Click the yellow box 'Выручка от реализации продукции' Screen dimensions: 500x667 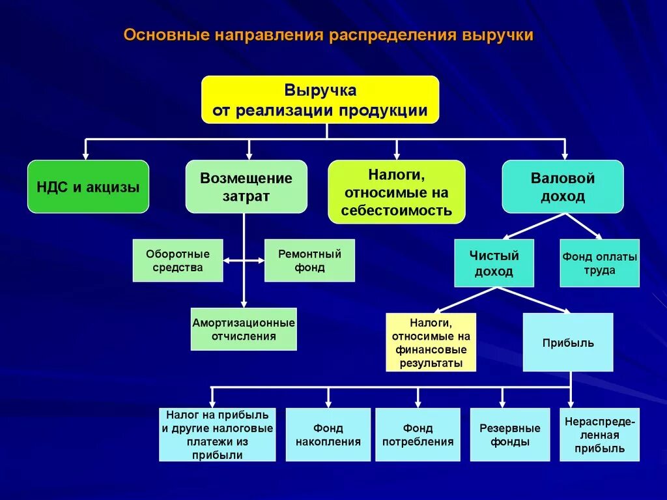320,99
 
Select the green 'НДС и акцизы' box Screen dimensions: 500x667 88,187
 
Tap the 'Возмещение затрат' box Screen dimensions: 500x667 246,187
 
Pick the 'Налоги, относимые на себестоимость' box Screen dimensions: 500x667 396,192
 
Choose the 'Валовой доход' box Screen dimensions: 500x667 563,187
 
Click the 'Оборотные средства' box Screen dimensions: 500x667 178,261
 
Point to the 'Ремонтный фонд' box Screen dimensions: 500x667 309,261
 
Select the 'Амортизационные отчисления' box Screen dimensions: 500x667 244,329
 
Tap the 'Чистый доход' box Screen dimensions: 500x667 494,263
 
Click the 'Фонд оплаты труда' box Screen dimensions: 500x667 599,263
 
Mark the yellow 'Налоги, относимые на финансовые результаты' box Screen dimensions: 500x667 431,342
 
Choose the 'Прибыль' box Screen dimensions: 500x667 568,342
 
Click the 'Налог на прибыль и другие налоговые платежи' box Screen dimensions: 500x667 218,435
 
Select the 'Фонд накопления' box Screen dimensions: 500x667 328,435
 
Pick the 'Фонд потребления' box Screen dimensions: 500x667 418,435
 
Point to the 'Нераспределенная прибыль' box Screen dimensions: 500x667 599,435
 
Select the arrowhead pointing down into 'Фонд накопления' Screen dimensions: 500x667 328,404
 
